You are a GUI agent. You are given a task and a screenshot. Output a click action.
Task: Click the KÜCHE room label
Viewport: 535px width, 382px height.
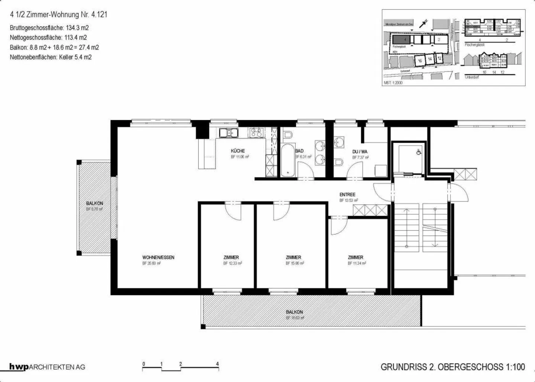click(x=238, y=151)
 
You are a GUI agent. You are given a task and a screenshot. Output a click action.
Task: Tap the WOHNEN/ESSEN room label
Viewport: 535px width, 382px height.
click(x=158, y=257)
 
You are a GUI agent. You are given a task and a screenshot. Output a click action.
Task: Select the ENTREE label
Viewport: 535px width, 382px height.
click(x=347, y=194)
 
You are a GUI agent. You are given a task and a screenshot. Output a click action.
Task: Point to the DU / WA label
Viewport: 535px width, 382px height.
click(x=360, y=152)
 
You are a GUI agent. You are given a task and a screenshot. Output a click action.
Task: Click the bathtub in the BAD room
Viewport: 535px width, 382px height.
click(x=288, y=160)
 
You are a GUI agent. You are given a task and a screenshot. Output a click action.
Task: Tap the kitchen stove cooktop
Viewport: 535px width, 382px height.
click(x=256, y=132)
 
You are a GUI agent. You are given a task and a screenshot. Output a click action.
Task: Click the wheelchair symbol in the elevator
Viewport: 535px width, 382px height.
click(x=419, y=152)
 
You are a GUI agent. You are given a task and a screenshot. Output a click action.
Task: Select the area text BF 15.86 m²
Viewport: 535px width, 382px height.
click(x=295, y=263)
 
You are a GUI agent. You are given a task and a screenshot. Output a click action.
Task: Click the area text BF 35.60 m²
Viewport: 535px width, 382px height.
click(x=151, y=263)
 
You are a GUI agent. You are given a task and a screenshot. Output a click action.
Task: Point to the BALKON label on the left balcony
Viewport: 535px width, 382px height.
click(x=95, y=203)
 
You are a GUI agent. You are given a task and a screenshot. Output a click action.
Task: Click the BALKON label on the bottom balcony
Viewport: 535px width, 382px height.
click(x=294, y=312)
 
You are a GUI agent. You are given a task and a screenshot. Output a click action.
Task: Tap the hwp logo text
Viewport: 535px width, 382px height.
click(x=19, y=367)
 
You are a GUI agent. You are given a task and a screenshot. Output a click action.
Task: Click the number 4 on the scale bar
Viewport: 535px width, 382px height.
click(x=217, y=364)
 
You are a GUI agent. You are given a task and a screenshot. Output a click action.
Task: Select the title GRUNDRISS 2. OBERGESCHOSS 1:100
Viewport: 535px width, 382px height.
click(x=453, y=367)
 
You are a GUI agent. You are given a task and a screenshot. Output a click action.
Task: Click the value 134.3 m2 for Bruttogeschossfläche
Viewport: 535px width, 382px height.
click(x=77, y=28)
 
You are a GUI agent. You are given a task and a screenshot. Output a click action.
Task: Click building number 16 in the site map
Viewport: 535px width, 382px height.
click(x=420, y=61)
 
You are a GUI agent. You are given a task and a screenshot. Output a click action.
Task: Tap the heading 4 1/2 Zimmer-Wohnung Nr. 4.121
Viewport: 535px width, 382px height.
click(x=59, y=15)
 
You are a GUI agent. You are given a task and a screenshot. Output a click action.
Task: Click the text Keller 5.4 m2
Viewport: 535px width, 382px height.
click(x=75, y=57)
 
